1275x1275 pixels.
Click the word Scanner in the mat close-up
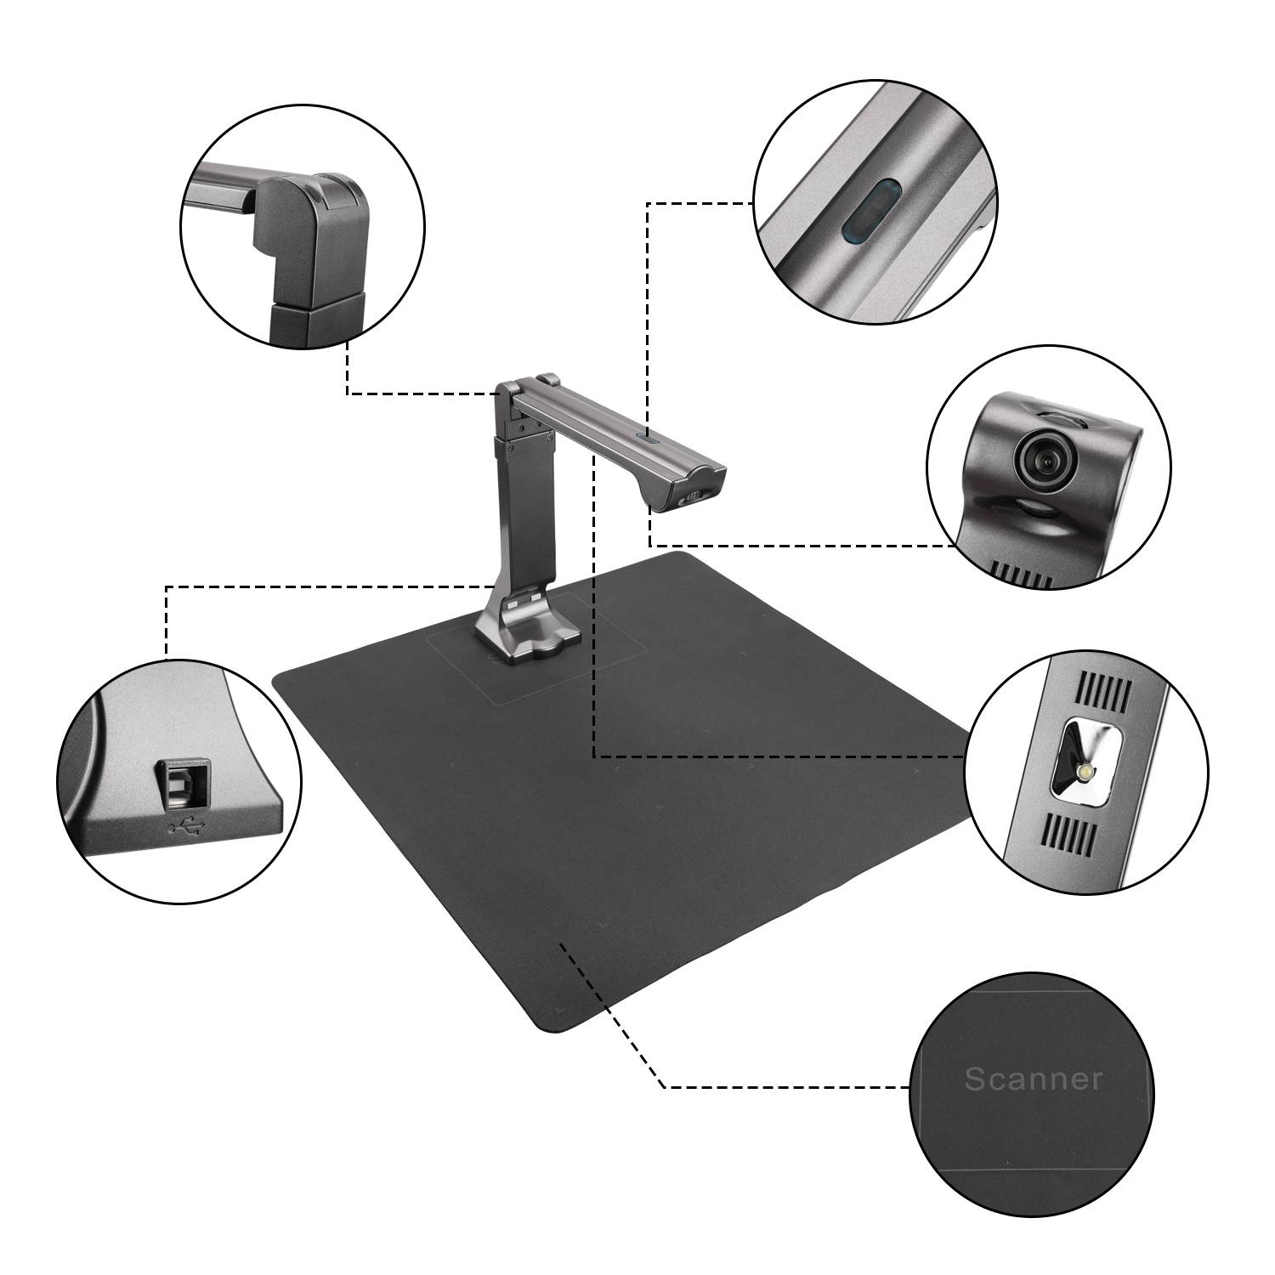(x=1033, y=1079)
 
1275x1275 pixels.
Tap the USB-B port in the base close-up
(x=181, y=784)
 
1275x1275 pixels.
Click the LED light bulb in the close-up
(x=1084, y=772)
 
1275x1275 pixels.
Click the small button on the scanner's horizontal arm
(x=645, y=439)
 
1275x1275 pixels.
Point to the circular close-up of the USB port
(x=179, y=779)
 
